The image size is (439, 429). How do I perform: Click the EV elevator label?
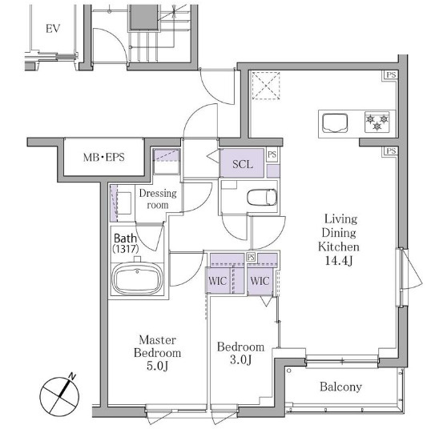[x=53, y=29]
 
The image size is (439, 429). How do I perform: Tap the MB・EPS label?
[x=104, y=157]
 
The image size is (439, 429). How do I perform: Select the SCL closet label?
[x=243, y=164]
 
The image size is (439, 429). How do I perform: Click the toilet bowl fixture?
[x=262, y=198]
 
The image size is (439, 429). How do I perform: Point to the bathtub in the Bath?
[x=137, y=279]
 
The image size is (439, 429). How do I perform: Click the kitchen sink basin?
[x=335, y=123]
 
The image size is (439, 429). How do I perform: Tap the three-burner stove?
[x=377, y=122]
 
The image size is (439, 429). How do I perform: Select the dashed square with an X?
[x=266, y=86]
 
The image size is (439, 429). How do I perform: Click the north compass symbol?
[x=59, y=395]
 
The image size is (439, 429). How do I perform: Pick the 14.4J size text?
[x=339, y=261]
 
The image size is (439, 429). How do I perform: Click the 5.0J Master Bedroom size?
[x=157, y=366]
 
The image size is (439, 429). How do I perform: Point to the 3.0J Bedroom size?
[x=241, y=360]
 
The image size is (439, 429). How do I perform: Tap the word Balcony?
[x=340, y=387]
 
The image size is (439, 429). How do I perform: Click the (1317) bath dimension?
[x=126, y=249]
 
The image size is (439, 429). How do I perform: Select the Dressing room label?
[x=158, y=198]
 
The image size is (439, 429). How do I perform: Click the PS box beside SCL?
[x=272, y=154]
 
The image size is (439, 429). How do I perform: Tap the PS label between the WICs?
[x=251, y=257]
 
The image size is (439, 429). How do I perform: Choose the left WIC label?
[x=218, y=281]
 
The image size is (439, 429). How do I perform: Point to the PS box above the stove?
[x=391, y=75]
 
